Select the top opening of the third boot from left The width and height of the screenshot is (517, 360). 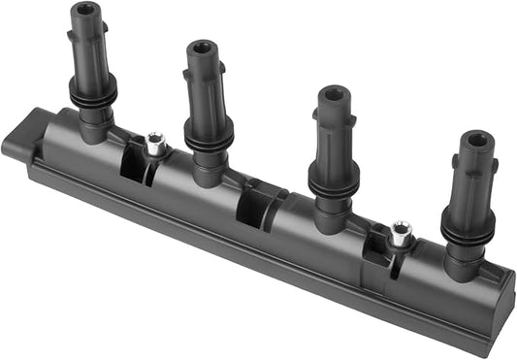pos(335,95)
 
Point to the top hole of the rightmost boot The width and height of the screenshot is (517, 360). pos(476,138)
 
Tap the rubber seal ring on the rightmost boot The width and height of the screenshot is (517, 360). pos(468,229)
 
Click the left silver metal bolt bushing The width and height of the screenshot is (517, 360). pos(154,145)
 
